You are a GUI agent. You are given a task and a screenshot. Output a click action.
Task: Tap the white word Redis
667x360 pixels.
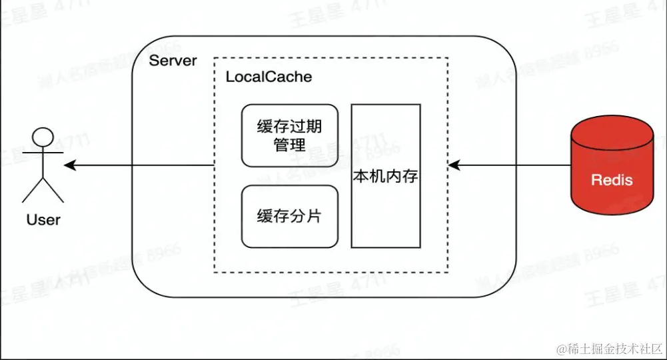pyautogui.click(x=612, y=180)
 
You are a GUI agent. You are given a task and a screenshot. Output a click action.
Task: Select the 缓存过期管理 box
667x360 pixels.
pyautogui.click(x=289, y=135)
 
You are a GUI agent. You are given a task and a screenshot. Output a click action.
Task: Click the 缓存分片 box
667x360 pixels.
pyautogui.click(x=289, y=216)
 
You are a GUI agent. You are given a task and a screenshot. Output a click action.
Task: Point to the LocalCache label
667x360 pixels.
pyautogui.click(x=269, y=77)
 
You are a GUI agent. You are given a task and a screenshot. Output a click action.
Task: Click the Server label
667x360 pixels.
pyautogui.click(x=173, y=61)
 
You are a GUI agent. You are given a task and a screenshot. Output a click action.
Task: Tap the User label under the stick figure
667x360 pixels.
pyautogui.click(x=43, y=219)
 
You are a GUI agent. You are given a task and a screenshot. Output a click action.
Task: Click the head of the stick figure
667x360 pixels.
pyautogui.click(x=43, y=136)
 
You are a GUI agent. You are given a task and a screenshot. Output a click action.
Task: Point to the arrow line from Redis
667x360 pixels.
pyautogui.click(x=513, y=165)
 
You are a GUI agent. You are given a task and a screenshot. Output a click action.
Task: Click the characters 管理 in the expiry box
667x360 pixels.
pyautogui.click(x=289, y=145)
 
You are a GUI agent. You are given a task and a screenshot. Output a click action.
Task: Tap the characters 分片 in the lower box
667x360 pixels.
pyautogui.click(x=307, y=216)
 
